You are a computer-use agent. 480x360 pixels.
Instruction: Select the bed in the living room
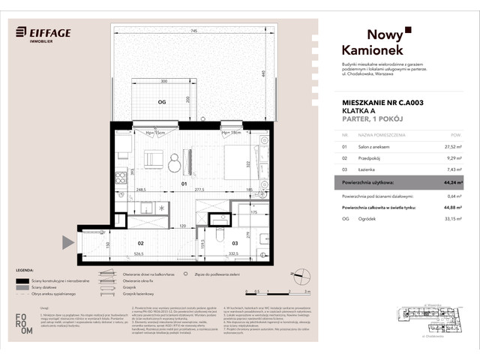pos(232,162)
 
